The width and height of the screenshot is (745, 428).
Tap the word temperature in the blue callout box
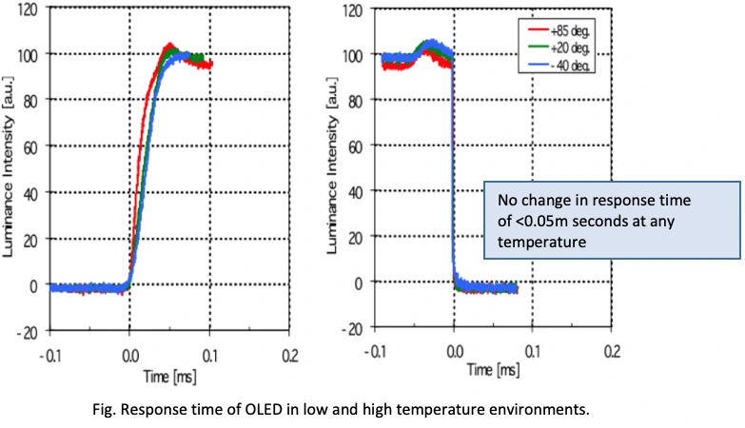coord(539,244)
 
